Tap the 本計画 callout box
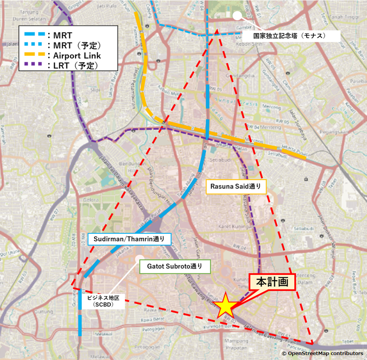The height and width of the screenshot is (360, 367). [272, 282]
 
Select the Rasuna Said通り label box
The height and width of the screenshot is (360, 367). [236, 187]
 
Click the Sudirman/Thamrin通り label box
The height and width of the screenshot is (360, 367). [129, 239]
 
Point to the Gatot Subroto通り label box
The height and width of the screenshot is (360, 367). [175, 267]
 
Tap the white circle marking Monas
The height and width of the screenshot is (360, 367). [238, 16]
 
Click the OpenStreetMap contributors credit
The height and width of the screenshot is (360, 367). [322, 354]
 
